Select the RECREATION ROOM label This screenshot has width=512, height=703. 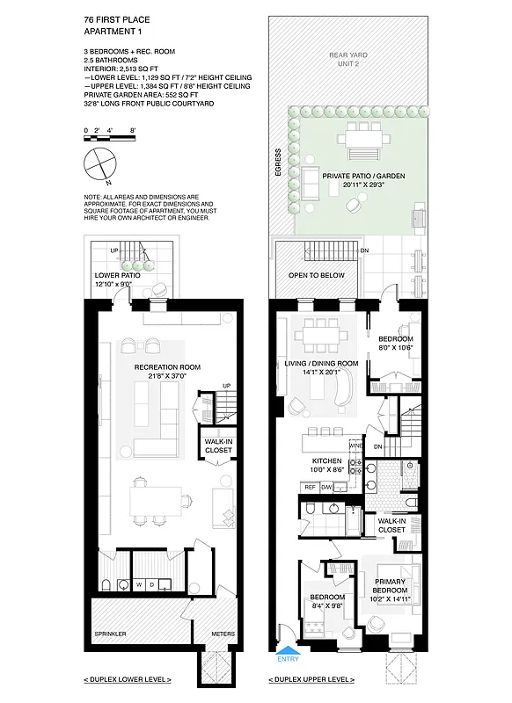point(167,366)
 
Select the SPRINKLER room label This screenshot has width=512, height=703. point(111,633)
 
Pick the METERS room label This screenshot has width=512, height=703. point(223,633)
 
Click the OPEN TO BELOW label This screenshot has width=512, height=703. point(317,276)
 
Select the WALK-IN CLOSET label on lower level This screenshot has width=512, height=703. point(218,446)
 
